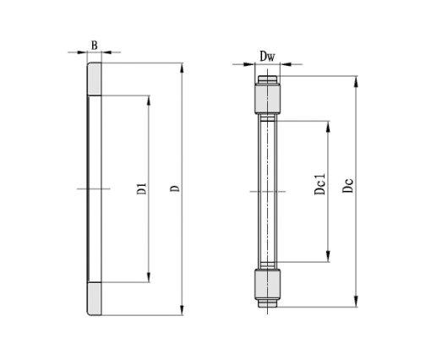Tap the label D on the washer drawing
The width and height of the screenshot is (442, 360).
(x=174, y=188)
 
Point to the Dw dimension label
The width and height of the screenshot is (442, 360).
(x=267, y=57)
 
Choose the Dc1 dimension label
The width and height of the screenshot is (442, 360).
(x=319, y=185)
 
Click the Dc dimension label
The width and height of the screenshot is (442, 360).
(x=347, y=187)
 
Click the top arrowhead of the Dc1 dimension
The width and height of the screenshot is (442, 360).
(x=328, y=123)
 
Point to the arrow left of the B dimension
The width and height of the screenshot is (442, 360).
(x=82, y=52)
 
